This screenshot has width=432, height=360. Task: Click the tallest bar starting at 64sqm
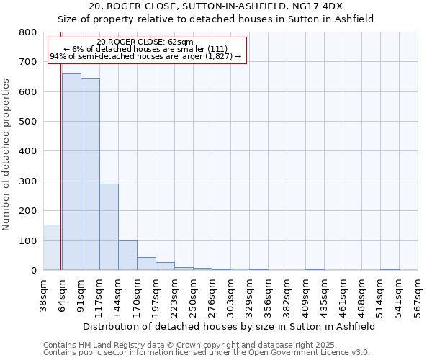[x=71, y=173]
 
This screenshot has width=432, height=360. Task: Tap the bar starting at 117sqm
[x=109, y=227]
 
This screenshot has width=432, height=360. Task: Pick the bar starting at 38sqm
[x=52, y=248]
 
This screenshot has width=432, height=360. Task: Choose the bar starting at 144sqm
[x=127, y=256]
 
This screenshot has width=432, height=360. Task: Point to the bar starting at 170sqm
[x=146, y=264]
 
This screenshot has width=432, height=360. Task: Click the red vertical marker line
[x=61, y=158]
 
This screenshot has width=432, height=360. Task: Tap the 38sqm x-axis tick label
[x=43, y=294]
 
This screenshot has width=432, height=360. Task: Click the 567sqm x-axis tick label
[x=418, y=294]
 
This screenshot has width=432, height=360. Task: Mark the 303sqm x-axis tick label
[x=230, y=294]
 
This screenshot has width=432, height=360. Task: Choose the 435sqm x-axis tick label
[x=324, y=294]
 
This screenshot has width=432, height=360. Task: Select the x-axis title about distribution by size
[x=230, y=326]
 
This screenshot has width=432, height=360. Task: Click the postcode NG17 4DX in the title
[x=319, y=6]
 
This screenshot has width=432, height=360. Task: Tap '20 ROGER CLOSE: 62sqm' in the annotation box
[x=145, y=42]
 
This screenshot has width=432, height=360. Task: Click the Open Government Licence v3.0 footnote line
[x=207, y=353]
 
